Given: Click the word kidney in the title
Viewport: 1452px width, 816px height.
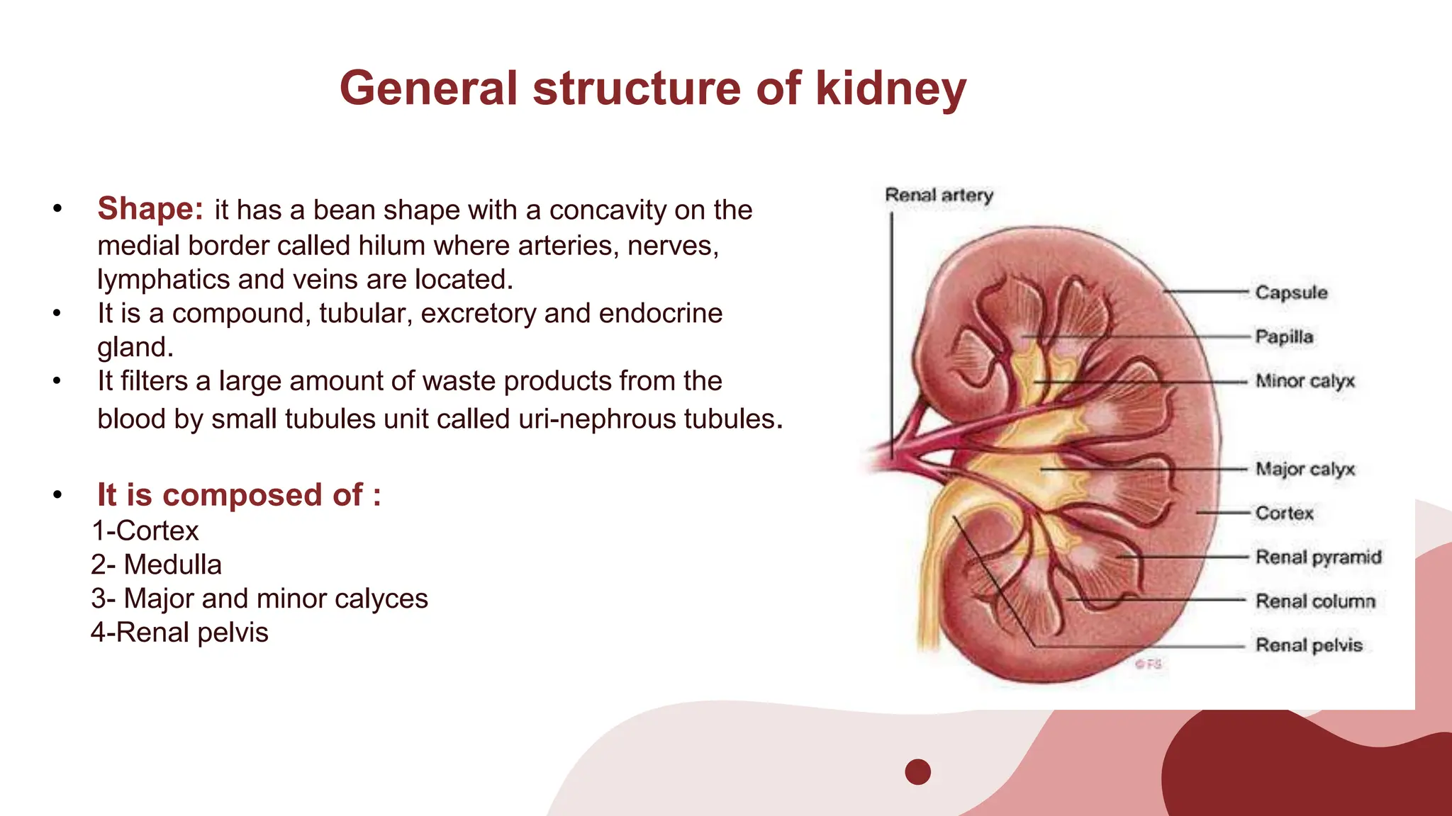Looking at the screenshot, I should (x=890, y=89).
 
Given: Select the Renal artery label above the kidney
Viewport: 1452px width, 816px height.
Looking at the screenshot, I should (x=939, y=195).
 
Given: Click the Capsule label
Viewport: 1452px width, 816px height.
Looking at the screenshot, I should (x=1291, y=293).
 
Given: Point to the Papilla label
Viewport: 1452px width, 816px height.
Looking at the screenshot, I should (x=1284, y=336).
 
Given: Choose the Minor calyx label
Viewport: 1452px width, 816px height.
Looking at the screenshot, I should (x=1305, y=381).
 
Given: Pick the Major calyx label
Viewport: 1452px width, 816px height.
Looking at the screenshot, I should (x=1305, y=469).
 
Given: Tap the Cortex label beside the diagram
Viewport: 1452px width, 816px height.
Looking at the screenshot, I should (x=1284, y=513).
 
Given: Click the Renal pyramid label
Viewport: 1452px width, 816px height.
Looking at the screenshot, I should (x=1318, y=557).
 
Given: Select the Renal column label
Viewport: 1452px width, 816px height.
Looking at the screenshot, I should (x=1315, y=601).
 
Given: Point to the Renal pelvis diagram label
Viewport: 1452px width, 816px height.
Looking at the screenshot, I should (x=1309, y=645).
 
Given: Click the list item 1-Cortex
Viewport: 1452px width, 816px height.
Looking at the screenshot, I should (x=145, y=531).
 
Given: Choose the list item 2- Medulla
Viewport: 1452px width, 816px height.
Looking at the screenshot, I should (x=157, y=565).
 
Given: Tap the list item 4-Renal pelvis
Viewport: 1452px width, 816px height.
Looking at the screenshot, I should (x=179, y=633).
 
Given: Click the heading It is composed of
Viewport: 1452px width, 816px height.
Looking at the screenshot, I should (x=239, y=494).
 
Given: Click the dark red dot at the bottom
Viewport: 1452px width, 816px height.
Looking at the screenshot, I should (x=917, y=771).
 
